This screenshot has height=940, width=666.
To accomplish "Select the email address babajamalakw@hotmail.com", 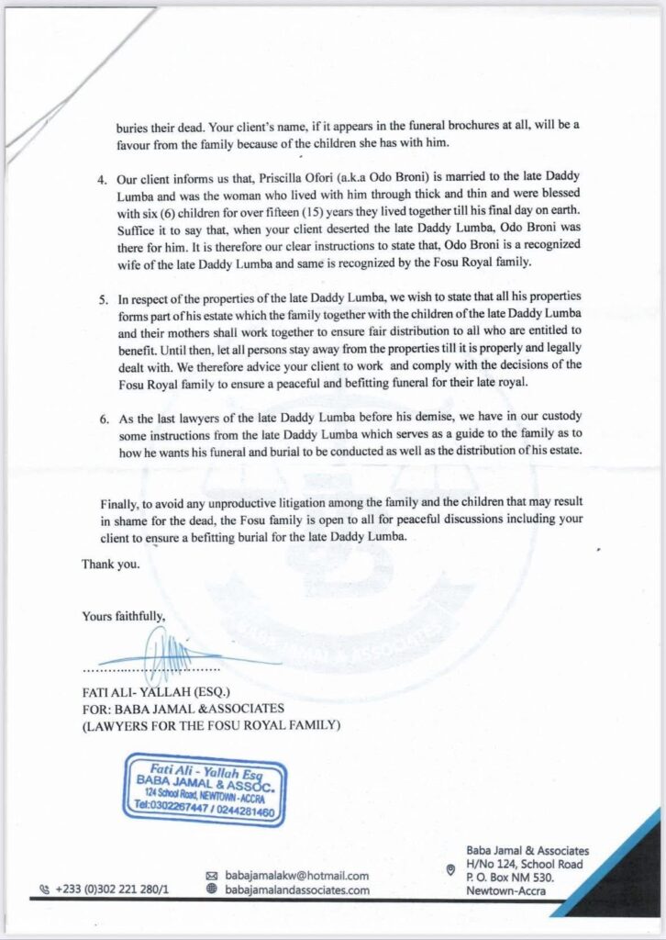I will click(x=297, y=876).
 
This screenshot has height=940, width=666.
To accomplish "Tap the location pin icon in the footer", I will click(x=449, y=869).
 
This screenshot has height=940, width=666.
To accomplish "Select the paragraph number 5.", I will click(x=103, y=299).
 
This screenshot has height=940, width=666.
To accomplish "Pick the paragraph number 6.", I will click(x=103, y=418).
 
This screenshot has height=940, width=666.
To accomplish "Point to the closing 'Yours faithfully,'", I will click(x=124, y=616).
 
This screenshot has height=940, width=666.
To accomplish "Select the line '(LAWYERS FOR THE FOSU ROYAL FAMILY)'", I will click(x=212, y=726).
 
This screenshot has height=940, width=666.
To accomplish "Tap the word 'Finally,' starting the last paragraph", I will click(x=122, y=504).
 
